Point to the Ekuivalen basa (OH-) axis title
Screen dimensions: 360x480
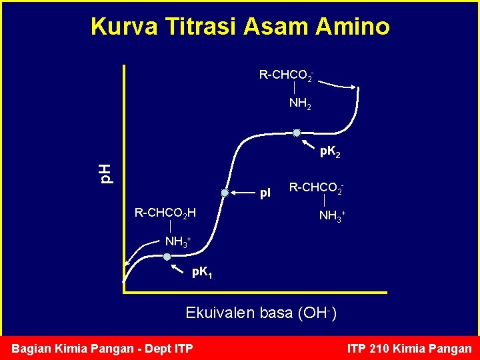261,313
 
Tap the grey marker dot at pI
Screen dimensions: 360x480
225,193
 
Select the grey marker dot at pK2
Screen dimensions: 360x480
297,133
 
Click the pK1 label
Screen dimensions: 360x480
202,272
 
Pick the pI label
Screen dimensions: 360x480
265,194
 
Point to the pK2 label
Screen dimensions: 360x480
331,152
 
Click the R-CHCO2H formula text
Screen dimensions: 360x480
165,213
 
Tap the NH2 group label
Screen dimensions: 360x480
299,103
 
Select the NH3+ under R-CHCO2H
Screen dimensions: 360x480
178,241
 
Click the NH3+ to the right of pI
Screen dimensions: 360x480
333,215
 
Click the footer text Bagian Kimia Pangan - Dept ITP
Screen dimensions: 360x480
103,348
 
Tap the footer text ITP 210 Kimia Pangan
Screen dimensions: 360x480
409,348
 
